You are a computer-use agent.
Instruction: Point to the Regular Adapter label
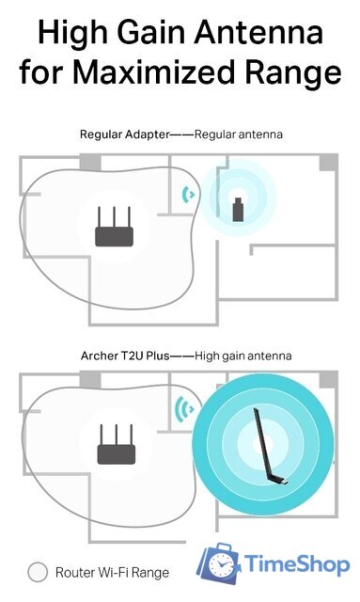pos(123,135)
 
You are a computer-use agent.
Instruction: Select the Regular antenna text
pos(239,135)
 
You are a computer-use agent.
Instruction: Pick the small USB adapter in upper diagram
pos(239,207)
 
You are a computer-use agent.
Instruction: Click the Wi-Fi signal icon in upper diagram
pos(189,195)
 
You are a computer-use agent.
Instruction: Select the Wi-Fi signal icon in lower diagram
pos(183,410)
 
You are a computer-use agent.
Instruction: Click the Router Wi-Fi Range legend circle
pos(38,571)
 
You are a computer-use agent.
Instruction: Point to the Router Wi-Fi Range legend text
pos(112,572)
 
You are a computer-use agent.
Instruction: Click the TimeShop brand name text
pos(297,564)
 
